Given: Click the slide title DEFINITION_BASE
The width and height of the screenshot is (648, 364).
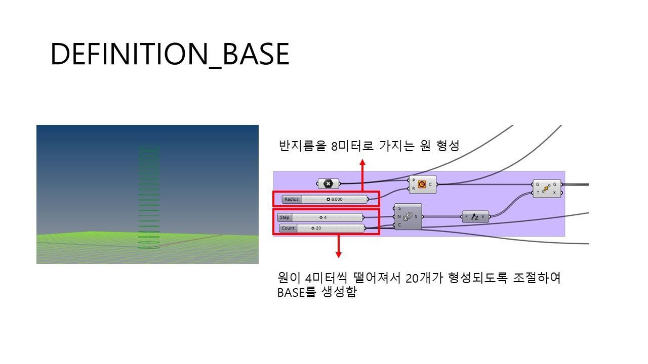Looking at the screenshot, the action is (170, 54).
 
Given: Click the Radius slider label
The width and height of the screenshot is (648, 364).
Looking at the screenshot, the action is (291, 199).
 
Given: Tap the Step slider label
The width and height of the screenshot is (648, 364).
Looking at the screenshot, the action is (285, 217).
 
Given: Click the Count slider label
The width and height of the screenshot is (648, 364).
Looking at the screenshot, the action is (288, 228).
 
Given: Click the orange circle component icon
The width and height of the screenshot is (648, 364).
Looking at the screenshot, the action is (422, 185).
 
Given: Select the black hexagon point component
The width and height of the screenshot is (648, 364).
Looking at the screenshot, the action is (328, 184).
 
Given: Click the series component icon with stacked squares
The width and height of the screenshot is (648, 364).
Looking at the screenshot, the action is (408, 216).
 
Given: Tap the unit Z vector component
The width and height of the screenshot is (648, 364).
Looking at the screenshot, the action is (475, 217).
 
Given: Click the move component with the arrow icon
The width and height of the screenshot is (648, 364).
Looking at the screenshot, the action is (546, 189).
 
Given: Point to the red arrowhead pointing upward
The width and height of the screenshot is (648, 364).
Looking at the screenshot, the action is (362, 162).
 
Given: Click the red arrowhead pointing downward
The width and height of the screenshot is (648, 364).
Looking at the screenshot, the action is (339, 255).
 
